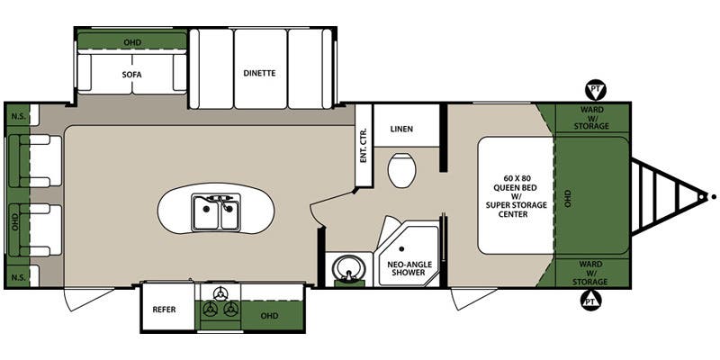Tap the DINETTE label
click(x=258, y=72)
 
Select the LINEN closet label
click(x=401, y=129)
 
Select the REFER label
click(x=164, y=310)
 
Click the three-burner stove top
click(x=220, y=304)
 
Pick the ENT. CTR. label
click(x=364, y=143)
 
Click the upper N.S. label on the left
click(x=17, y=117)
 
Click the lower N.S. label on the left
click(x=17, y=274)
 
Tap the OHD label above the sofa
click(x=131, y=41)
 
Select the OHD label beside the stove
click(x=268, y=315)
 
